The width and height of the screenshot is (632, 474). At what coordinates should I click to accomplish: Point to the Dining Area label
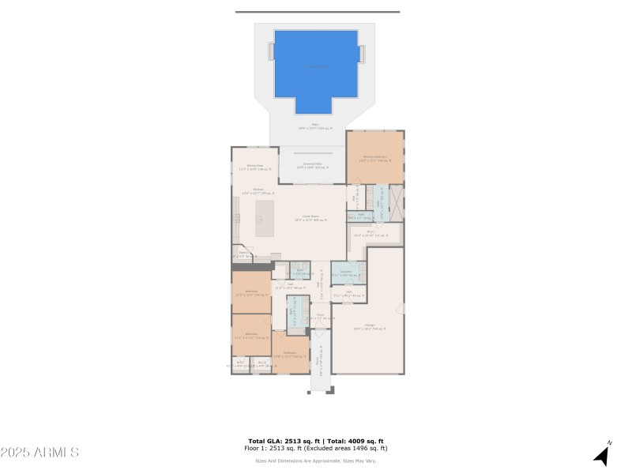254,167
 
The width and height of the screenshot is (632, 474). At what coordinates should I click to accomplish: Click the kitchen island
264,218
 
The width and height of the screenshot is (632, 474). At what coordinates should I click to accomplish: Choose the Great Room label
310,217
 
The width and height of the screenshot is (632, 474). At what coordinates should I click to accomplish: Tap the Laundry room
345,273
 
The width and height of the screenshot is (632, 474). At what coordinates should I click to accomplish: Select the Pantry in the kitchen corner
241,254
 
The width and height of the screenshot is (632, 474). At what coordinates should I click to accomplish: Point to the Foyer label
320,316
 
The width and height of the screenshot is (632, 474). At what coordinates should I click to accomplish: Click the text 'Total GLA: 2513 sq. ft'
281,441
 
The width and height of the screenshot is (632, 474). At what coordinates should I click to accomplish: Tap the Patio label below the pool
315,126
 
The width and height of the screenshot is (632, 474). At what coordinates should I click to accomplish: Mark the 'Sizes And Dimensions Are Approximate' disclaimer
315,461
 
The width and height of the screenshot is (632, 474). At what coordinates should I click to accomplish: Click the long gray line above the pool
318,12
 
